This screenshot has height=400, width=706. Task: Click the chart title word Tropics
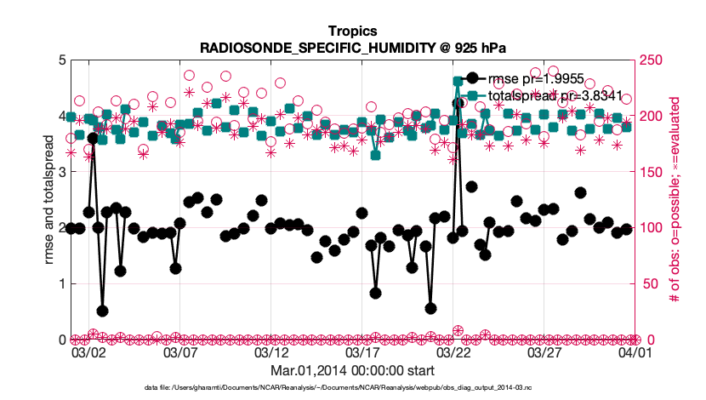point(352,31)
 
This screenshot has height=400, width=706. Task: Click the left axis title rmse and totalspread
point(48,199)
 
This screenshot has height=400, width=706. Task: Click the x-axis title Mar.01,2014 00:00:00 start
point(352,371)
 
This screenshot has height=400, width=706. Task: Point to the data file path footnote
point(352,388)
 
